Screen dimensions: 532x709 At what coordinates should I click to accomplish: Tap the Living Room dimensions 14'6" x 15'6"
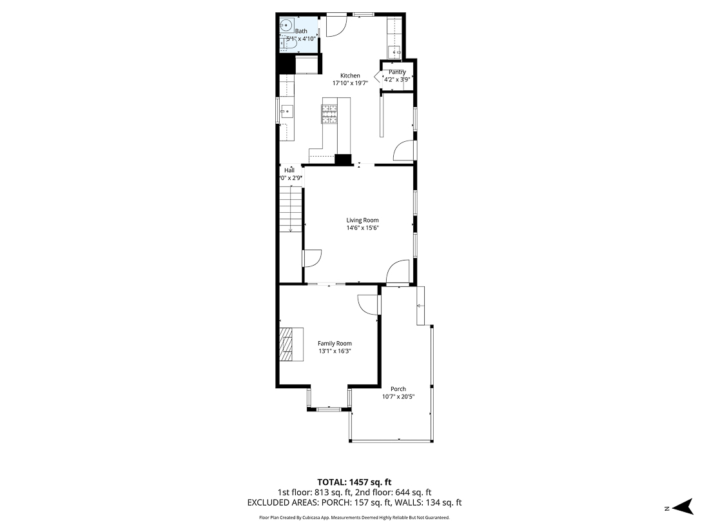pyautogui.click(x=362, y=228)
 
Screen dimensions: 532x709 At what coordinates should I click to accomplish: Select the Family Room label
pyautogui.click(x=335, y=344)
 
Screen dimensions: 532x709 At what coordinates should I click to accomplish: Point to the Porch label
pyautogui.click(x=398, y=389)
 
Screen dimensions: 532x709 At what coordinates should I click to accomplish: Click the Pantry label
pyautogui.click(x=397, y=72)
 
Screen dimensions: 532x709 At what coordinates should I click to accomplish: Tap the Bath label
pyautogui.click(x=301, y=31)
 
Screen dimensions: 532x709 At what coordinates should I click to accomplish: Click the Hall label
pyautogui.click(x=289, y=170)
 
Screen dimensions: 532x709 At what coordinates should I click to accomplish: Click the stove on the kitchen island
pyautogui.click(x=329, y=113)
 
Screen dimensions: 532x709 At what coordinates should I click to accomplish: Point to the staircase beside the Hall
pyautogui.click(x=291, y=210)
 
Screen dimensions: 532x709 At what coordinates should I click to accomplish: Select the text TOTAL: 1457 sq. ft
pyautogui.click(x=354, y=482)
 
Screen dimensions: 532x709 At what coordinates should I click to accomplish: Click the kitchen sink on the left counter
pyautogui.click(x=287, y=111)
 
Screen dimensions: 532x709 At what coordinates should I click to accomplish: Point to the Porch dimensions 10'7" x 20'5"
pyautogui.click(x=398, y=397)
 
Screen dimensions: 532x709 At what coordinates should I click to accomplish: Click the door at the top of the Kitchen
pyautogui.click(x=336, y=25)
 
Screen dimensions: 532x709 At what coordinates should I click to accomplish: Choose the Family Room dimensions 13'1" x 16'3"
pyautogui.click(x=335, y=351)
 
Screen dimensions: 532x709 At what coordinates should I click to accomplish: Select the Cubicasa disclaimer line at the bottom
pyautogui.click(x=354, y=517)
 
